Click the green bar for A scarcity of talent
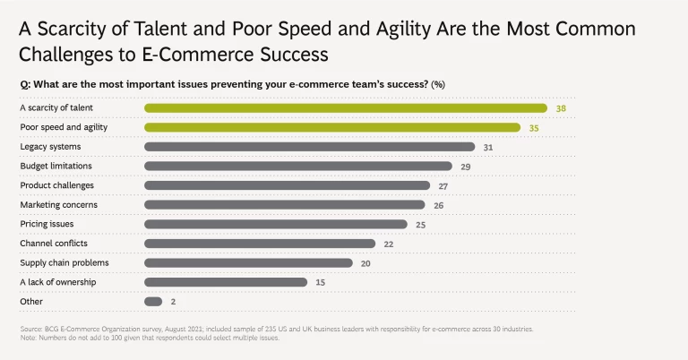(345, 108)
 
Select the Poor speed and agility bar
(332, 127)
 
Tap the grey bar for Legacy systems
(309, 147)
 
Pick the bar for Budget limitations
(298, 166)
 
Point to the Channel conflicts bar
(260, 243)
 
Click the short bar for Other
(153, 301)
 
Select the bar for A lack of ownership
(226, 282)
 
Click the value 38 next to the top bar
(560, 108)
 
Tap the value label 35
(534, 127)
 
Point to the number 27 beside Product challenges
(443, 185)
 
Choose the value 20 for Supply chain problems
(365, 262)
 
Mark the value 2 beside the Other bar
(173, 301)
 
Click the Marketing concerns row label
(60, 204)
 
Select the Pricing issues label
(47, 224)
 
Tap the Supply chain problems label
(64, 262)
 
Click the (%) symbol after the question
(438, 84)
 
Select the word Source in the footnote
(30, 330)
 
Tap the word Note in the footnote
(28, 338)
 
